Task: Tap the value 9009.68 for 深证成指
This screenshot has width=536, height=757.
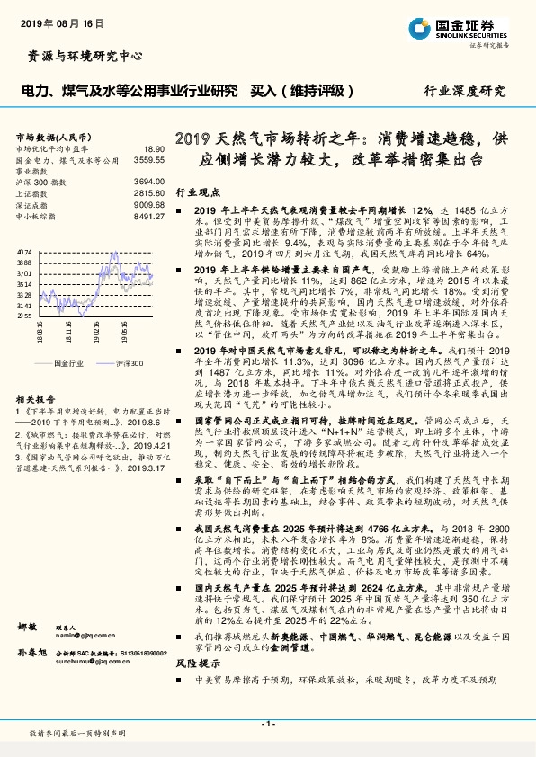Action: [148, 204]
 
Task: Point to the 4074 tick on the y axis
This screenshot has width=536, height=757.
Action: [24, 252]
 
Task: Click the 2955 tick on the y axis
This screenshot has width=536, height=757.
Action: [24, 316]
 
